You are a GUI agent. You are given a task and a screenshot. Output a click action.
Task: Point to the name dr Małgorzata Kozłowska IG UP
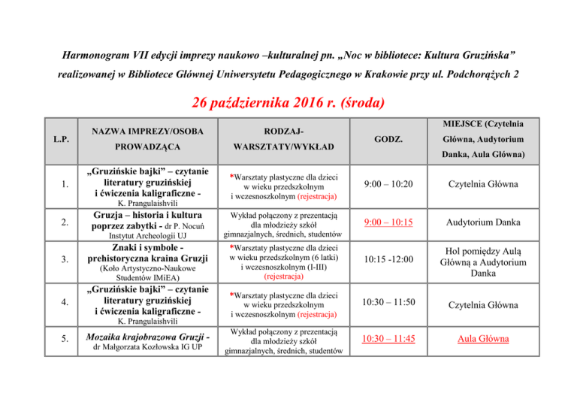[x=140, y=348]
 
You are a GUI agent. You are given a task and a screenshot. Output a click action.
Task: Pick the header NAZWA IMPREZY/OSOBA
[x=140, y=131]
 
